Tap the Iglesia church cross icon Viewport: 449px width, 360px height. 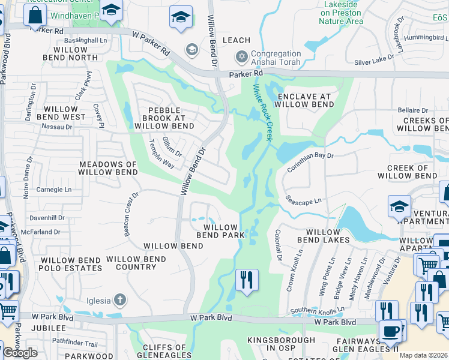(120, 299)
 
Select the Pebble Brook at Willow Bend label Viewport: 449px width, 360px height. (164, 118)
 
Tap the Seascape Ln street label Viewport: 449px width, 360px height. (303, 199)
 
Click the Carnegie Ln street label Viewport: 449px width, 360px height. (55, 190)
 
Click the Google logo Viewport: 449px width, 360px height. (19, 353)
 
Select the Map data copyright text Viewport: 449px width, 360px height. (424, 355)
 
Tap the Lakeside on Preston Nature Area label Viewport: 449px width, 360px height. (340, 13)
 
